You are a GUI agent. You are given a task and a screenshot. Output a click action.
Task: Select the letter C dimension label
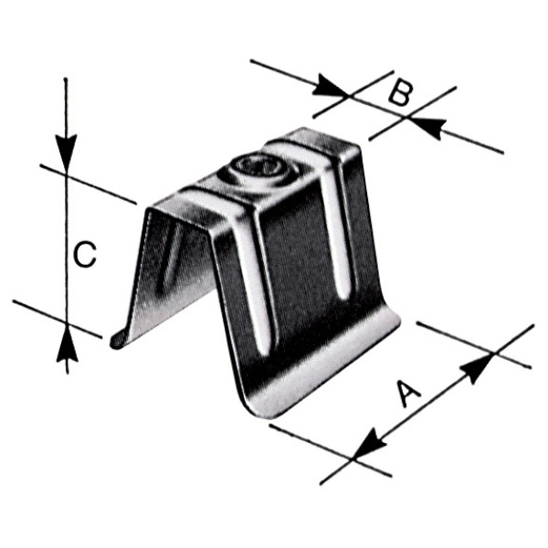click(x=86, y=254)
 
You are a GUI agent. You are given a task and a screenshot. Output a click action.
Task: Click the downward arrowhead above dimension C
click(x=66, y=153)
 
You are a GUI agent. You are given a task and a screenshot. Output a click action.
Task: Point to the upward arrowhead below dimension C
click(x=67, y=343)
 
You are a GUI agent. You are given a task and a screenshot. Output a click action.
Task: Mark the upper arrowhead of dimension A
click(x=478, y=367)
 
